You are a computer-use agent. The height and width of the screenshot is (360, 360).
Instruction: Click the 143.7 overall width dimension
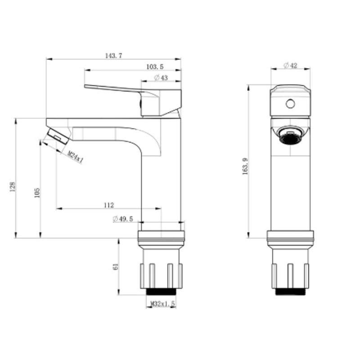(x=114, y=55)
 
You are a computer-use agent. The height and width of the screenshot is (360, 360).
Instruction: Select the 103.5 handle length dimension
(x=155, y=67)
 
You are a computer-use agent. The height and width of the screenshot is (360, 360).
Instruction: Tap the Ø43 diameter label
(x=161, y=78)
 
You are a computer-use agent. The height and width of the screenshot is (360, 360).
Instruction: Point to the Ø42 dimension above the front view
(x=290, y=66)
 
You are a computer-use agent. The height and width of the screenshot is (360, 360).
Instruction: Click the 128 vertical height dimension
(x=13, y=187)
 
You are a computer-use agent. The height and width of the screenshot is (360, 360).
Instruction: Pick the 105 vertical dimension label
(x=37, y=193)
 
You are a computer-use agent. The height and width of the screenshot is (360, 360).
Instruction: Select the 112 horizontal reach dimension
(x=109, y=205)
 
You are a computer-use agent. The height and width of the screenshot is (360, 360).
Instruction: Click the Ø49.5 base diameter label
(x=123, y=219)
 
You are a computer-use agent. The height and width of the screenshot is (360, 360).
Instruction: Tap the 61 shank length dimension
(x=116, y=266)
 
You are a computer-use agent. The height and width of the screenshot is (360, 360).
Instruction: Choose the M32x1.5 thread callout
(x=162, y=304)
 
